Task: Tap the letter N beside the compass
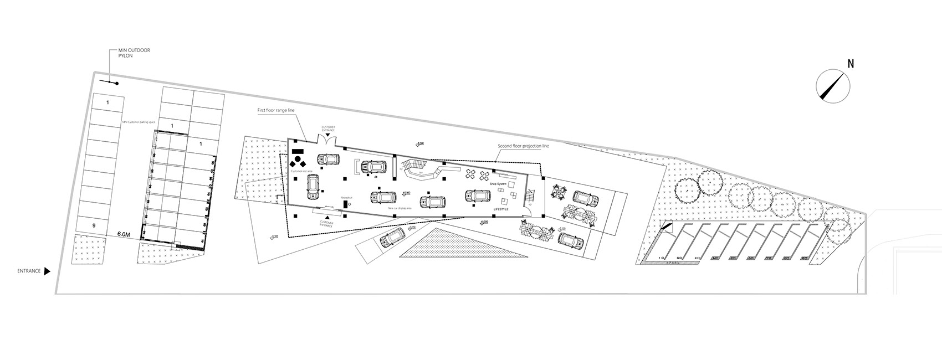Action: pyautogui.click(x=851, y=64)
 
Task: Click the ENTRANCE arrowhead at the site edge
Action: pyautogui.click(x=47, y=271)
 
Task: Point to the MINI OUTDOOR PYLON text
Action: pyautogui.click(x=134, y=53)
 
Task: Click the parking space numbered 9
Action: pyautogui.click(x=94, y=226)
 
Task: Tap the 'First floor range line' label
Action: pyautogui.click(x=276, y=111)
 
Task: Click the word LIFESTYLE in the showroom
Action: pyautogui.click(x=501, y=209)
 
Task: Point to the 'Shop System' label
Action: pyautogui.click(x=498, y=184)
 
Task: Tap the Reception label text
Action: pyautogui.click(x=347, y=197)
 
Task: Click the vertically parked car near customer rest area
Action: pyautogui.click(x=313, y=187)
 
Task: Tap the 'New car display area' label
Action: pyautogui.click(x=400, y=208)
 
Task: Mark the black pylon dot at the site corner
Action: pyautogui.click(x=116, y=84)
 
